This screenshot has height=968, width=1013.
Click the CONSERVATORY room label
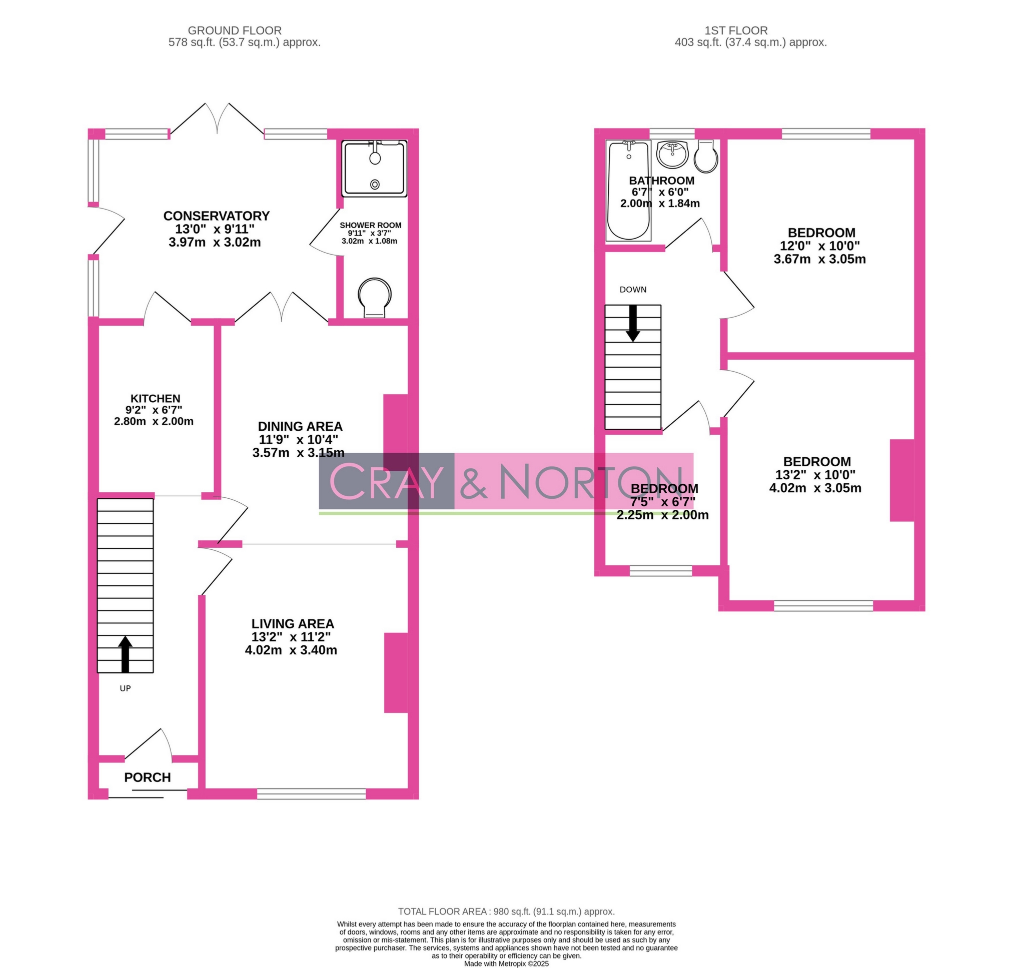(x=216, y=216)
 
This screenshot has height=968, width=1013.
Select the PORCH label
(x=147, y=777)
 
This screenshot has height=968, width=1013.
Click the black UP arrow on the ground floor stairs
(x=126, y=654)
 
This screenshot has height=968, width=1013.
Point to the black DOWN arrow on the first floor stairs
(x=633, y=323)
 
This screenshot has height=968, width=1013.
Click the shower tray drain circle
(x=375, y=184)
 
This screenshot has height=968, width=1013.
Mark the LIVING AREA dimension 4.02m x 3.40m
(x=291, y=650)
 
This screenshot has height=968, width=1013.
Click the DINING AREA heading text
(x=300, y=426)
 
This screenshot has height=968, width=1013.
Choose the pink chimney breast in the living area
(x=396, y=672)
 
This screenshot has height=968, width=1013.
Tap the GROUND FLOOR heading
(x=234, y=31)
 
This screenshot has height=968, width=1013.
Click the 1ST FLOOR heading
(x=736, y=31)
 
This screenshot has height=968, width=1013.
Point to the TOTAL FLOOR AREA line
(x=506, y=912)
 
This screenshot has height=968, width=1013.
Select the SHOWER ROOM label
(x=370, y=225)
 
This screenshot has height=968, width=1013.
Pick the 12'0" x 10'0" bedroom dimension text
(x=819, y=246)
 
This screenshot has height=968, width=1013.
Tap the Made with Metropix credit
(x=506, y=963)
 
